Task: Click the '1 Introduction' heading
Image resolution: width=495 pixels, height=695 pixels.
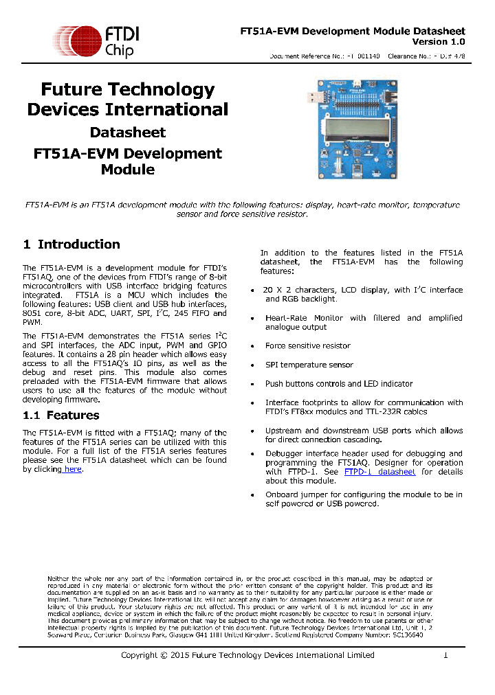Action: (x=71, y=244)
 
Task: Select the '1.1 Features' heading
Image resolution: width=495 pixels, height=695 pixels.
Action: (x=61, y=415)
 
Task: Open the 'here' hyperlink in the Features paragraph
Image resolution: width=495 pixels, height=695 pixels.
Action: (x=72, y=469)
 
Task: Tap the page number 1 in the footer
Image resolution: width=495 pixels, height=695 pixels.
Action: (x=445, y=655)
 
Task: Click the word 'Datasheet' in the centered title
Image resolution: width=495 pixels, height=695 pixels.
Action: (x=128, y=132)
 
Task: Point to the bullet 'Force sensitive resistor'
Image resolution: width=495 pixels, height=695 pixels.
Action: (x=308, y=346)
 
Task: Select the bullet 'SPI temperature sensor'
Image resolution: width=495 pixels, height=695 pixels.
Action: (x=309, y=365)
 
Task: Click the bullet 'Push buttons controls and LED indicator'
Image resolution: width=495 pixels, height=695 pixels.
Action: (x=339, y=384)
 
